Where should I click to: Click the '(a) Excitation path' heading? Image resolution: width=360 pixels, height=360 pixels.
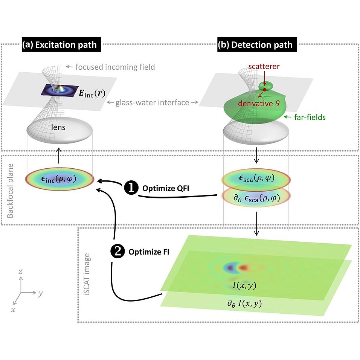(59, 45)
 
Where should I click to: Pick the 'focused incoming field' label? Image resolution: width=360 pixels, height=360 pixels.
(115, 67)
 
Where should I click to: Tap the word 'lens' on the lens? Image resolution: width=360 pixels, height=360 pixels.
(59, 127)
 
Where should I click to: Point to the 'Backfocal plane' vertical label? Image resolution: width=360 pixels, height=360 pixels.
(11, 191)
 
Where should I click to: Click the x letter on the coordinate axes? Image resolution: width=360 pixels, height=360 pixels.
(13, 309)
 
